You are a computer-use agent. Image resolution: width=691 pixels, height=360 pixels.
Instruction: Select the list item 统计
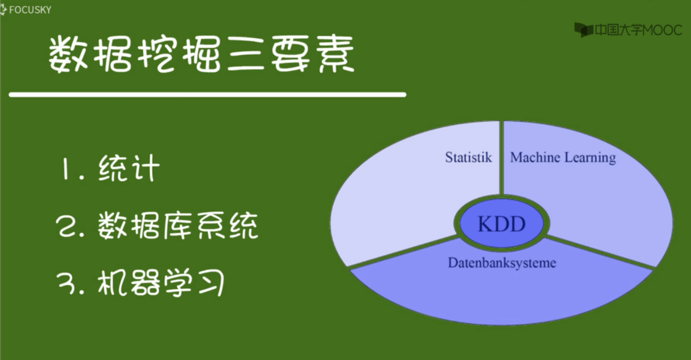coord(129,168)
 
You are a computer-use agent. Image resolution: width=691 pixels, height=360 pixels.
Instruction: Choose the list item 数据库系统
coord(178,226)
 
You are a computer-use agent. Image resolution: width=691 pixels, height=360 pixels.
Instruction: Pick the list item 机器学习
coord(162,283)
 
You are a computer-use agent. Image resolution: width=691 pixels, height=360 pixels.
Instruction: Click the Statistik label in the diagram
coord(468,157)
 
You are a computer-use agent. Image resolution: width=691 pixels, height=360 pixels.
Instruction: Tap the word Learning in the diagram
coord(590,158)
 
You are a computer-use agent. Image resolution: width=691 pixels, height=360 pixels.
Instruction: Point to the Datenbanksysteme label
coord(502,262)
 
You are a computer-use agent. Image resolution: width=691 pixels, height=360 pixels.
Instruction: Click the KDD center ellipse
coord(502,224)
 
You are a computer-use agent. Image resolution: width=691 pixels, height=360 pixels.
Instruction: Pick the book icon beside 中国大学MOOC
coord(583,30)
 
